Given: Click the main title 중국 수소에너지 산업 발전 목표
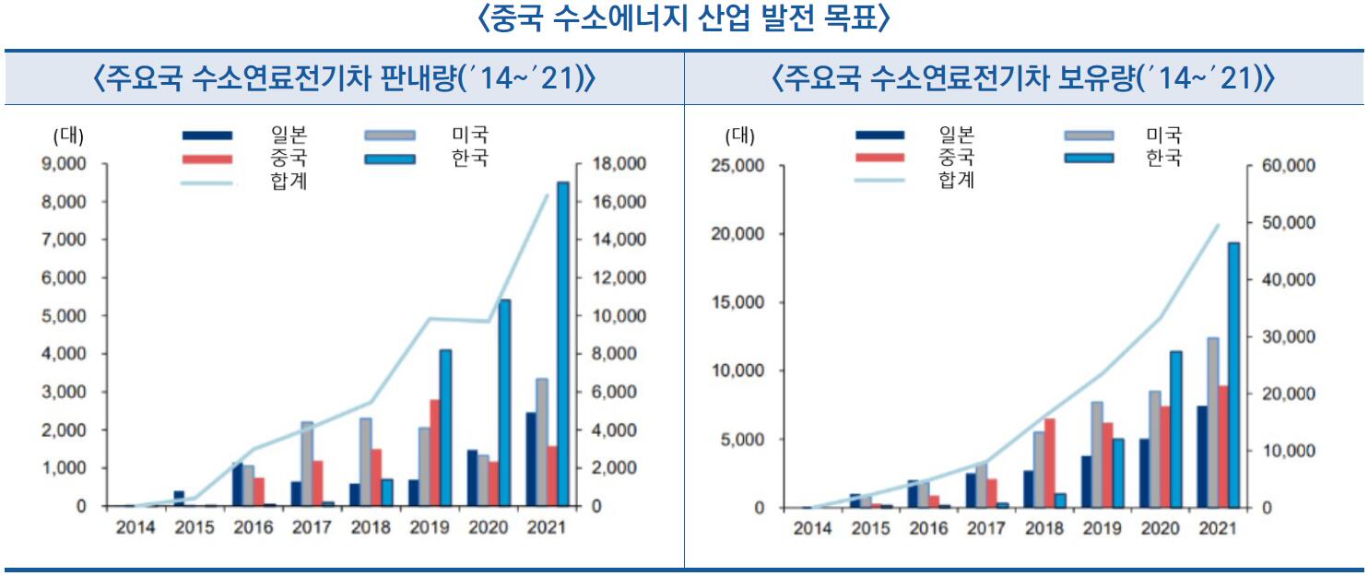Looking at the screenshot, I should click(x=684, y=20).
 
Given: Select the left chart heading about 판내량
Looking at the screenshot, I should click(x=344, y=79).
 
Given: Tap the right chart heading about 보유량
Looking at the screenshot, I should click(x=1024, y=79).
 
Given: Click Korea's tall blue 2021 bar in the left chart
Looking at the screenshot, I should click(x=562, y=345).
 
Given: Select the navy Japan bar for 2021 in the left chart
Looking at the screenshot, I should click(x=532, y=459).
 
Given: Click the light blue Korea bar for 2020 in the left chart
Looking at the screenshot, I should click(x=504, y=403).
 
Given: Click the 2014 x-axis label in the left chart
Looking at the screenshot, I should click(x=135, y=529).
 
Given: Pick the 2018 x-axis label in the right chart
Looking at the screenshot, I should click(x=1044, y=529).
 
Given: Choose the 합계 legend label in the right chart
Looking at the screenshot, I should click(x=955, y=179).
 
